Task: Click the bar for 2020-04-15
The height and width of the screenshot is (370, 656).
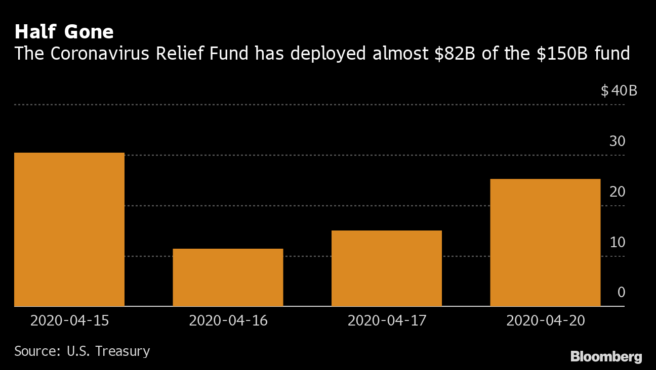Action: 69,229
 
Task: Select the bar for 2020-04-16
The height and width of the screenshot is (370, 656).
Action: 228,277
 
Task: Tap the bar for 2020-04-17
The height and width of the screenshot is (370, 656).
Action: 387,268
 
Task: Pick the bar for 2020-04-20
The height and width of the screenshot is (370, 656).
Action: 545,243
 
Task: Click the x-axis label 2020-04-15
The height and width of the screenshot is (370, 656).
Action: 69,320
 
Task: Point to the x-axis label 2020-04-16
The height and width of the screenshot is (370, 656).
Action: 228,320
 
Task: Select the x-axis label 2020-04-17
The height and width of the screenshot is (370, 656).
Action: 387,320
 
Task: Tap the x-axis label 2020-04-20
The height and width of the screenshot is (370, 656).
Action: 545,320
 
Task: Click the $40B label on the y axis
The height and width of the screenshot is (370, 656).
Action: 619,91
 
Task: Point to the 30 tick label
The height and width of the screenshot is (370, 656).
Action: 617,142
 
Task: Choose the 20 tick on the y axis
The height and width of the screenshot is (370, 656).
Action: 617,192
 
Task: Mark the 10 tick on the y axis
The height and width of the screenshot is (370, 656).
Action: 617,243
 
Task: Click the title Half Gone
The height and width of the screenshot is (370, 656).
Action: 64,32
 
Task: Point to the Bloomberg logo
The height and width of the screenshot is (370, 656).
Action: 606,357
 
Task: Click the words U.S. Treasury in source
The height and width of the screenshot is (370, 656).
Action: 108,351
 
